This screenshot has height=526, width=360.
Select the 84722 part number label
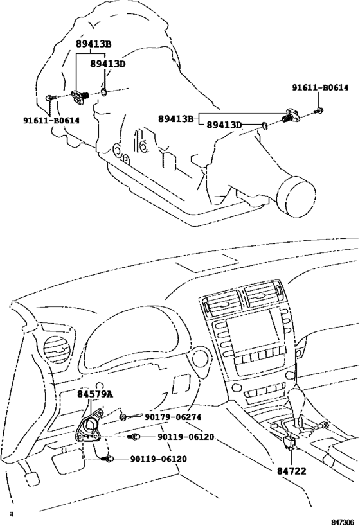(x=291, y=471)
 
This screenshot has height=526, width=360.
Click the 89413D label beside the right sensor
(x=224, y=125)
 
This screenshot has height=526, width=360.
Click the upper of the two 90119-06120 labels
(x=186, y=437)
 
